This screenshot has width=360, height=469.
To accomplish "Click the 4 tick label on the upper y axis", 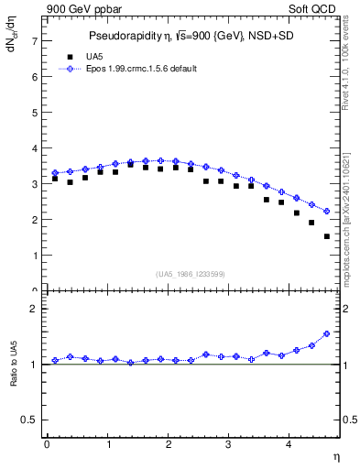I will click(x=34, y=148).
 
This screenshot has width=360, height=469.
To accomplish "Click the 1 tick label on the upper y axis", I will click(x=34, y=256).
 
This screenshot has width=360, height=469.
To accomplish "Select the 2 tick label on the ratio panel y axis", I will click(x=34, y=310).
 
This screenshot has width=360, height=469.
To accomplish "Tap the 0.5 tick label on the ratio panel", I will click(x=29, y=420).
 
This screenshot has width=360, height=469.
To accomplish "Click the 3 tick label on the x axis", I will click(x=229, y=444).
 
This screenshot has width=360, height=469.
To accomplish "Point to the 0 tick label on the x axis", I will click(x=47, y=444).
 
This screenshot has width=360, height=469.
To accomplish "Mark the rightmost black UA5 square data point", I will click(x=326, y=236).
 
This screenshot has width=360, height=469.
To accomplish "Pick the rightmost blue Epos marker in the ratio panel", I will click(x=326, y=333).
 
